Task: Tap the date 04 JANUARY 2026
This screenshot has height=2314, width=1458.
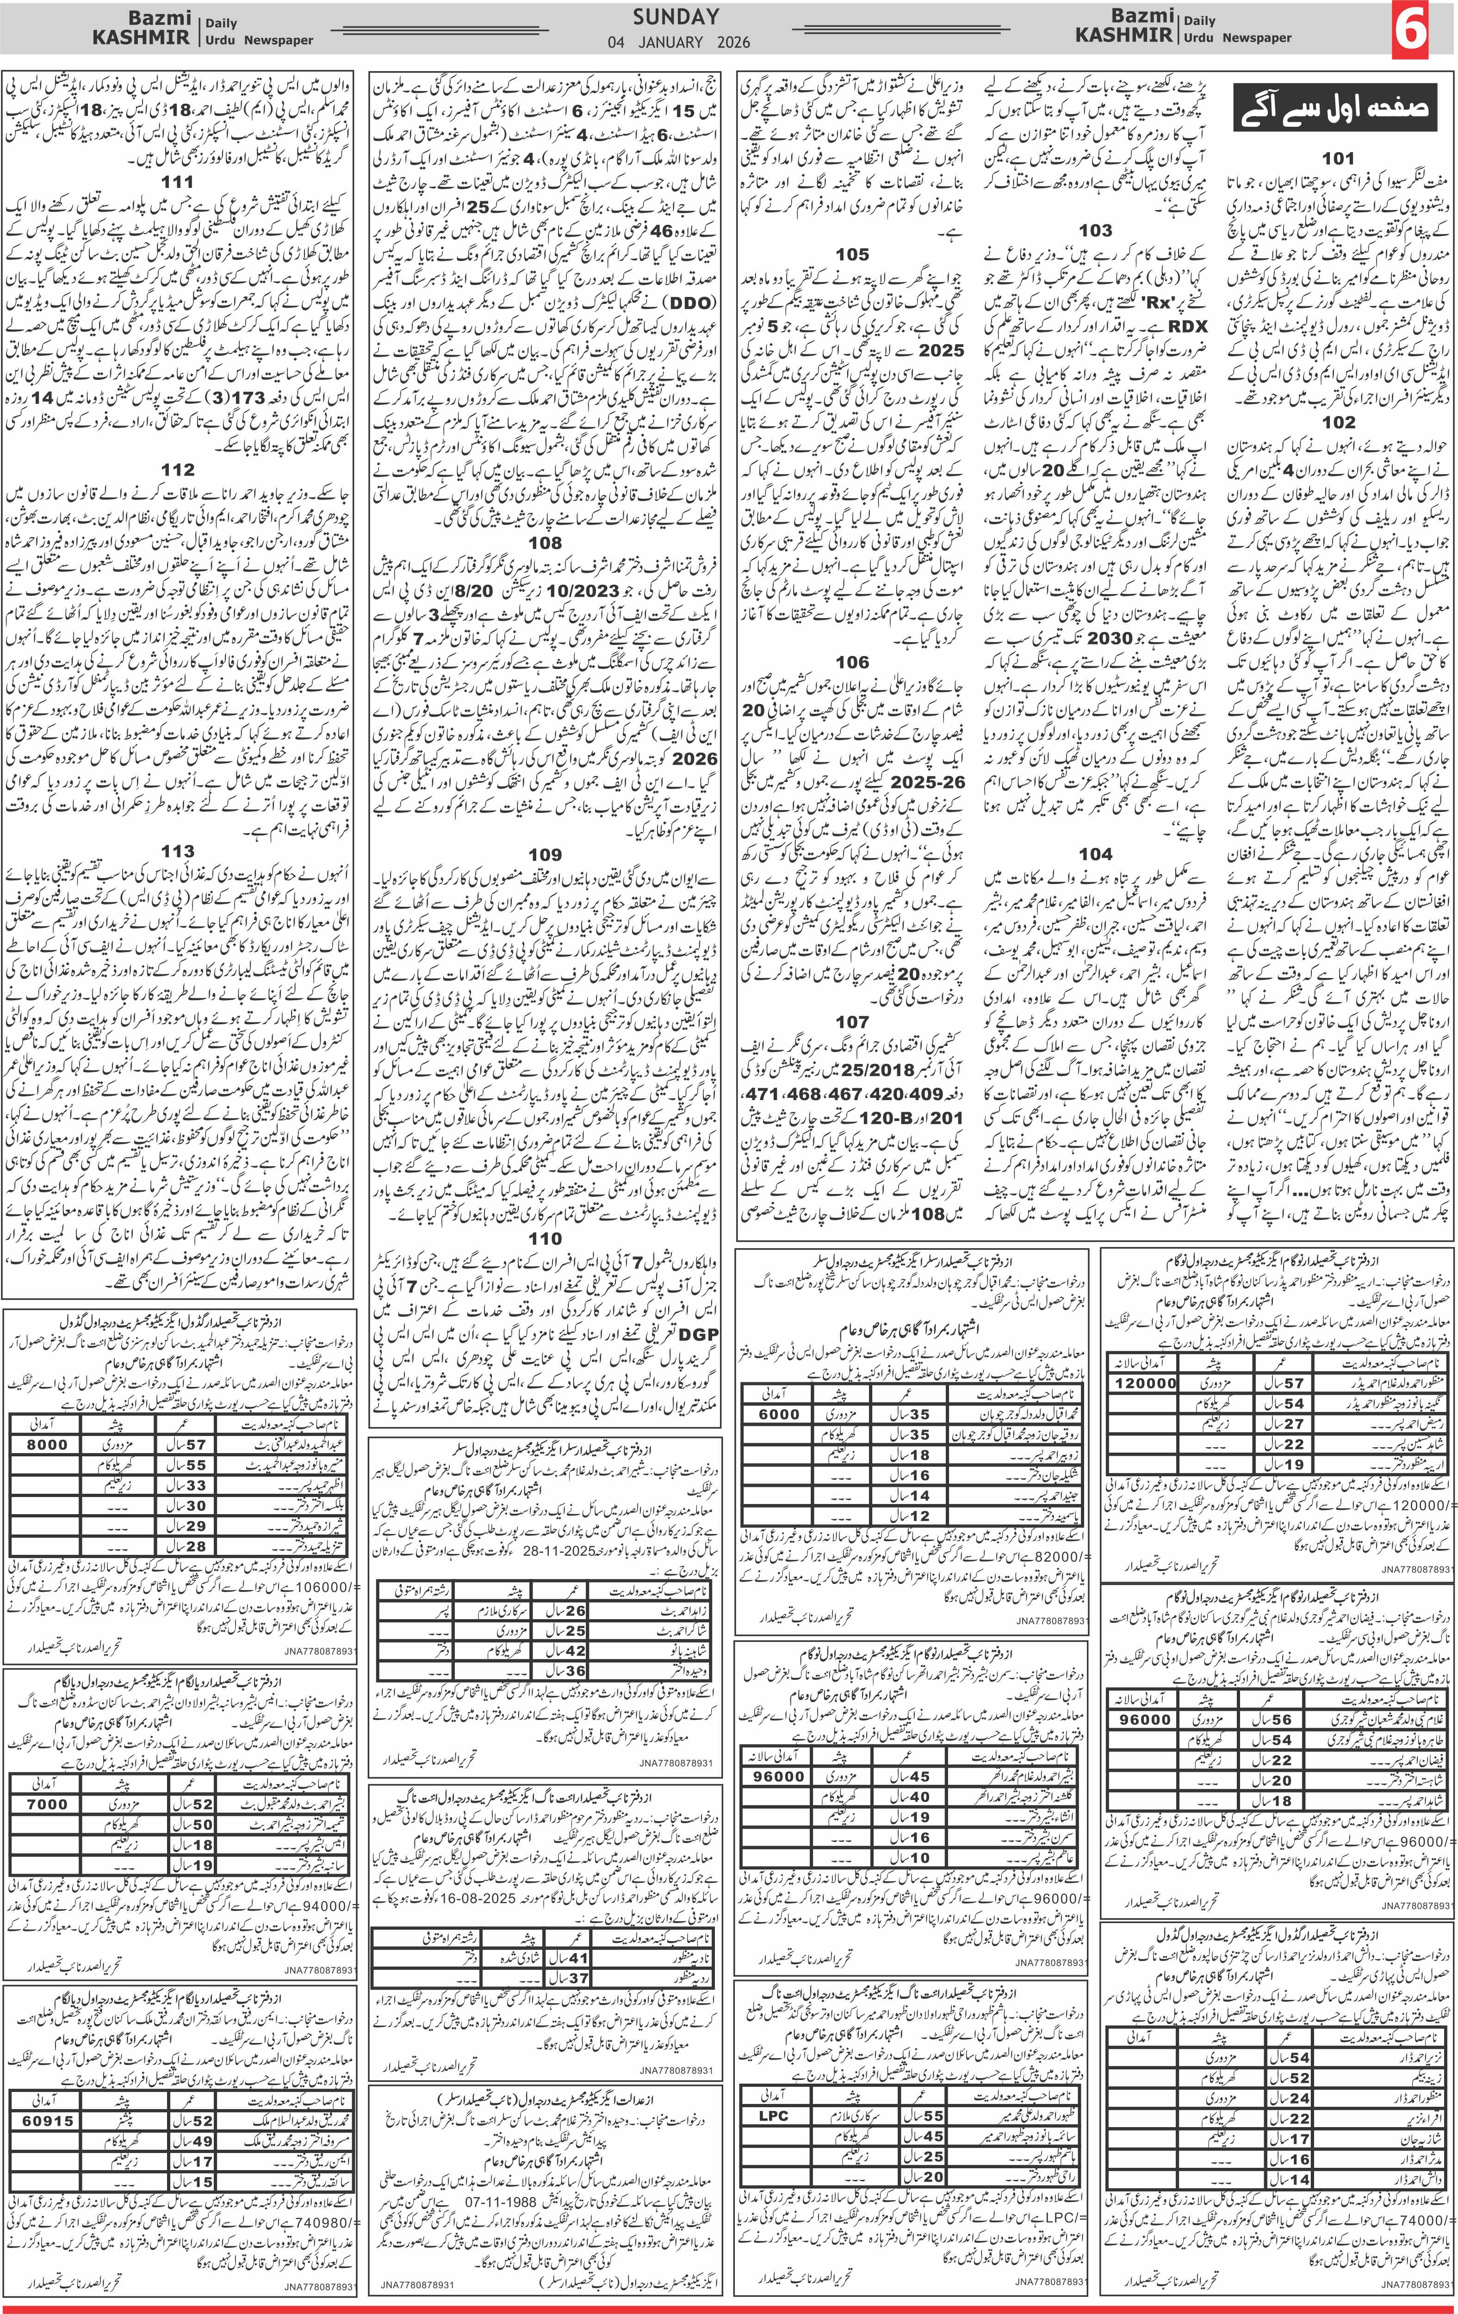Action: (678, 42)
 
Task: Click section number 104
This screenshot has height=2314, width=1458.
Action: (1096, 854)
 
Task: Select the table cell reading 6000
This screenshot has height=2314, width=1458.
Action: (778, 1414)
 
